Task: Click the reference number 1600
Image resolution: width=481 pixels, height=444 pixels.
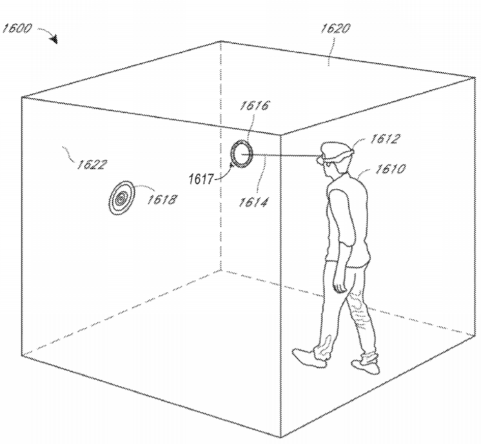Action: [x=17, y=28]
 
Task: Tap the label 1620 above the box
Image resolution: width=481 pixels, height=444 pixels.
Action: [x=335, y=28]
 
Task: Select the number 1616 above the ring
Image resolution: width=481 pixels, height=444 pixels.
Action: [x=254, y=106]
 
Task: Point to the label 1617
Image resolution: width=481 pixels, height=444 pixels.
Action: [x=201, y=179]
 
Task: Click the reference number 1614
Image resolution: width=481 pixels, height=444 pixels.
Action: [x=253, y=202]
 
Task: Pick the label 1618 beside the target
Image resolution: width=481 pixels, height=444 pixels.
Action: [x=162, y=200]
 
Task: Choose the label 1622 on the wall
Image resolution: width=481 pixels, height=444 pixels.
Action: [x=92, y=165]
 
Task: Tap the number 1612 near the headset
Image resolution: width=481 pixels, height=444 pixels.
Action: [x=385, y=139]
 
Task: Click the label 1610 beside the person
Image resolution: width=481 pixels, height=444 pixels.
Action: [x=390, y=169]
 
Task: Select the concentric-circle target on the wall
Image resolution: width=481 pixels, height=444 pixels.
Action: [x=122, y=198]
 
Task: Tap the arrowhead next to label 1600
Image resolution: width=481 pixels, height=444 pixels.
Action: [x=55, y=39]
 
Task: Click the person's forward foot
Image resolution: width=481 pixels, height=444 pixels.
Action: [x=309, y=358]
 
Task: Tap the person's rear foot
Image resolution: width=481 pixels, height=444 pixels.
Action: [x=366, y=366]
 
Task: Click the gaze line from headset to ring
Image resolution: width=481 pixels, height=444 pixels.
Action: [x=280, y=155]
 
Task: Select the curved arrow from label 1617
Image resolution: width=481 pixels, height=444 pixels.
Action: [x=223, y=172]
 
